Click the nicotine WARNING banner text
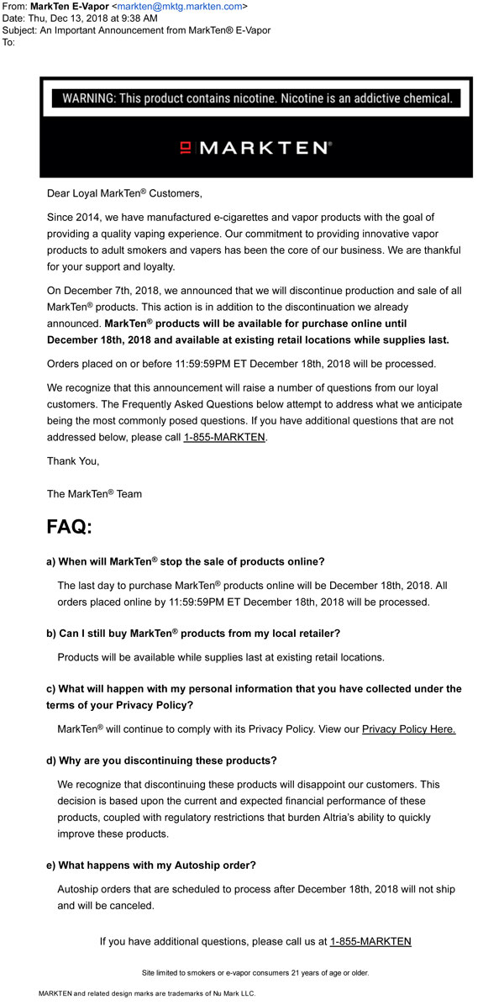click(255, 98)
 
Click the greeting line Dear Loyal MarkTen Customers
click(124, 193)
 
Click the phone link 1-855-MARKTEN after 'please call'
click(224, 438)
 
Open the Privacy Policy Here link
click(408, 729)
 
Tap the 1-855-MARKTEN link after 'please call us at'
click(370, 941)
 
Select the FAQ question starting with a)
click(185, 561)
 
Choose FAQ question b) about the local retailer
click(192, 633)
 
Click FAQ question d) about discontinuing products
click(161, 760)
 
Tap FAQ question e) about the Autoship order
click(151, 865)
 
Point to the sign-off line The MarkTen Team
click(94, 494)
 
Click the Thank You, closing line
click(73, 461)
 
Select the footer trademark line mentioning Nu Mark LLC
click(147, 993)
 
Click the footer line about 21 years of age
click(255, 972)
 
